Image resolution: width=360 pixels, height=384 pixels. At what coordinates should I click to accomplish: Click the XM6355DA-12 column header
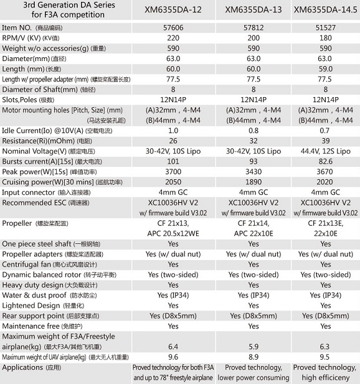[x=173, y=10]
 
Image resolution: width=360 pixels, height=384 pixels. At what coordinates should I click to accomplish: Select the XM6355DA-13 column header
[x=253, y=10]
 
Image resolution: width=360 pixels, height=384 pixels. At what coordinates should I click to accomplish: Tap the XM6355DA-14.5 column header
[x=326, y=10]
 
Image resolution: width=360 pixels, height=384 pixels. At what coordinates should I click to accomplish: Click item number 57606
[x=173, y=27]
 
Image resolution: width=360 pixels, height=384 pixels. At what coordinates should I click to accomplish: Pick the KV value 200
[x=253, y=38]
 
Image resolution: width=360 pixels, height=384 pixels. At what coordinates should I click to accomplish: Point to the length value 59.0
[x=326, y=69]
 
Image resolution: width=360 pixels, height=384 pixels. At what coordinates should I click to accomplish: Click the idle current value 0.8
[x=253, y=131]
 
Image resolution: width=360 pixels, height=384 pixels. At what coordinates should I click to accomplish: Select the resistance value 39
[x=326, y=141]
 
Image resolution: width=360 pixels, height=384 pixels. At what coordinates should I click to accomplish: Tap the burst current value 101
[x=173, y=161]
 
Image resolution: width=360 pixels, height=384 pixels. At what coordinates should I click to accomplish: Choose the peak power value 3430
[x=253, y=172]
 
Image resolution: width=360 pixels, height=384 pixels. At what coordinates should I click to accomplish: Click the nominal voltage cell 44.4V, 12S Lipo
[x=326, y=151]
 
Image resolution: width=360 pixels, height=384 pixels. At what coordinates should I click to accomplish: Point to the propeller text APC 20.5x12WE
[x=173, y=233]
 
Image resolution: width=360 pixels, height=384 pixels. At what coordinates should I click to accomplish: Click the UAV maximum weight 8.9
[x=253, y=357]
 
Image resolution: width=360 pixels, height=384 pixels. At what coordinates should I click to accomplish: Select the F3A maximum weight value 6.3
[x=324, y=347]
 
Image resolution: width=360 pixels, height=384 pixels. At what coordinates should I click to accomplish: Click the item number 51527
[x=326, y=27]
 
